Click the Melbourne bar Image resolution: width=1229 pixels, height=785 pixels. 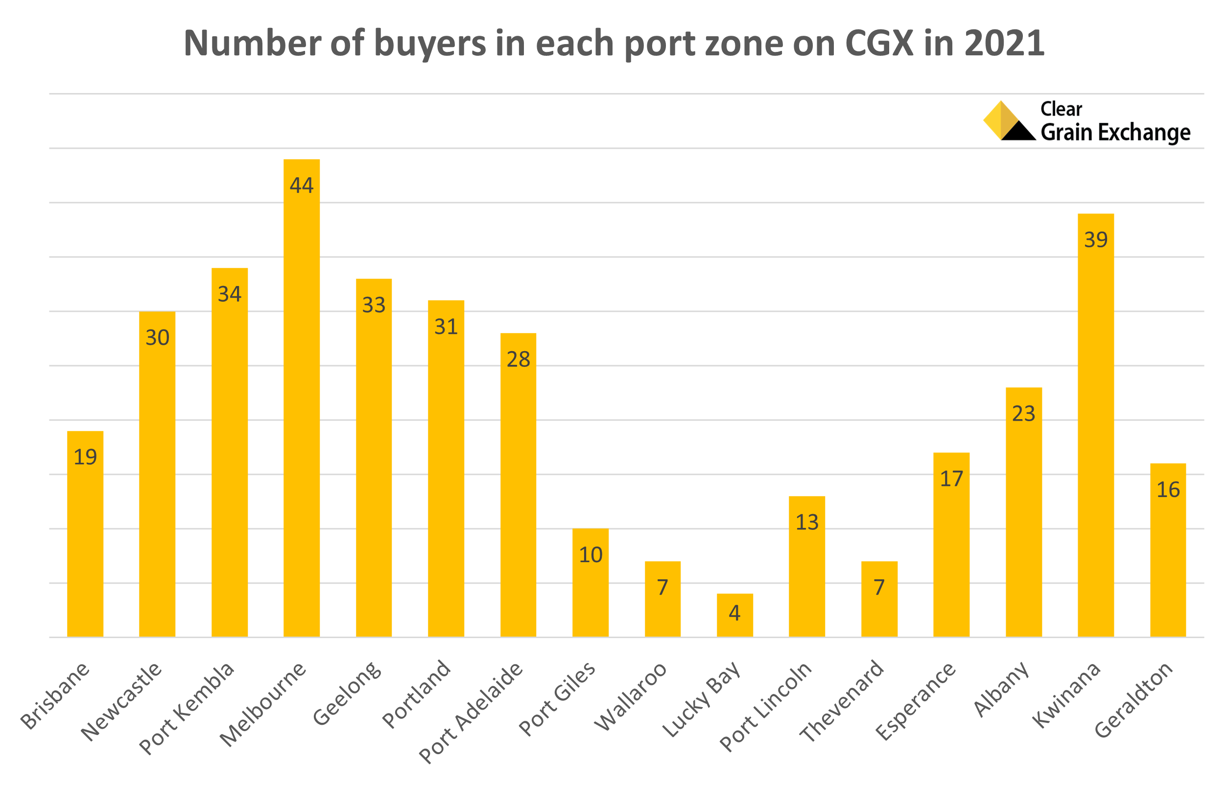click(x=302, y=398)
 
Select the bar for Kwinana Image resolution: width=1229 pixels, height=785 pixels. click(x=1095, y=425)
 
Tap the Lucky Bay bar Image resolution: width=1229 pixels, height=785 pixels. click(x=734, y=615)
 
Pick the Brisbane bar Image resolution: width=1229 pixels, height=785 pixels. click(x=85, y=534)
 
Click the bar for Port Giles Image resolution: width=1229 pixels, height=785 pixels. click(x=590, y=582)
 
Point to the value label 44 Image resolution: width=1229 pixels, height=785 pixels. click(x=302, y=185)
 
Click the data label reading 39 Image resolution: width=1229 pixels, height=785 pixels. click(x=1095, y=240)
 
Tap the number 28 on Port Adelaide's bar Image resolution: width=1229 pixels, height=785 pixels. click(x=518, y=360)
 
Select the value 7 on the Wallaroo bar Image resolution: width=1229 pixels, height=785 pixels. click(x=662, y=588)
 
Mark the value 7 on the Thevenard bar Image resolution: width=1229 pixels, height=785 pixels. click(x=879, y=588)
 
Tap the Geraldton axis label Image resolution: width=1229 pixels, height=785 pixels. click(x=1134, y=699)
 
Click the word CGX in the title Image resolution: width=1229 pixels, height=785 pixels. click(x=879, y=43)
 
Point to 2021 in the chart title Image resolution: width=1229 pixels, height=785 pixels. click(x=1004, y=43)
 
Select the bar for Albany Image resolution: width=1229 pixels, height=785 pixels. click(x=1023, y=512)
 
